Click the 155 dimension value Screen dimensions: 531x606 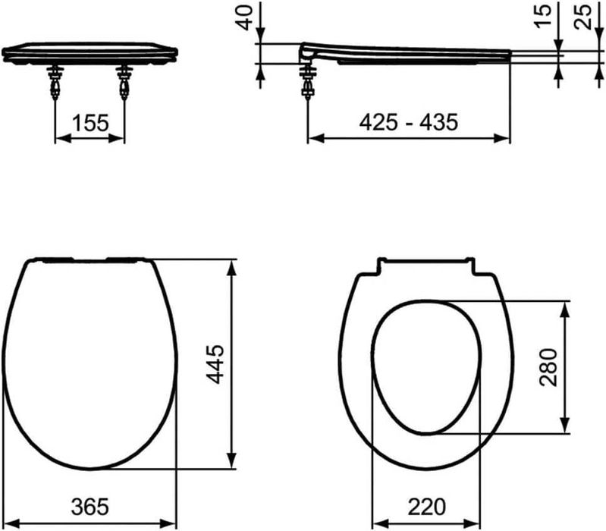click(x=90, y=122)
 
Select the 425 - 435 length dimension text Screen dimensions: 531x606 click(x=410, y=121)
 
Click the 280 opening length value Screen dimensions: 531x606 click(x=549, y=367)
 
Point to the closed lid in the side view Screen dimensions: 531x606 click(x=410, y=52)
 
